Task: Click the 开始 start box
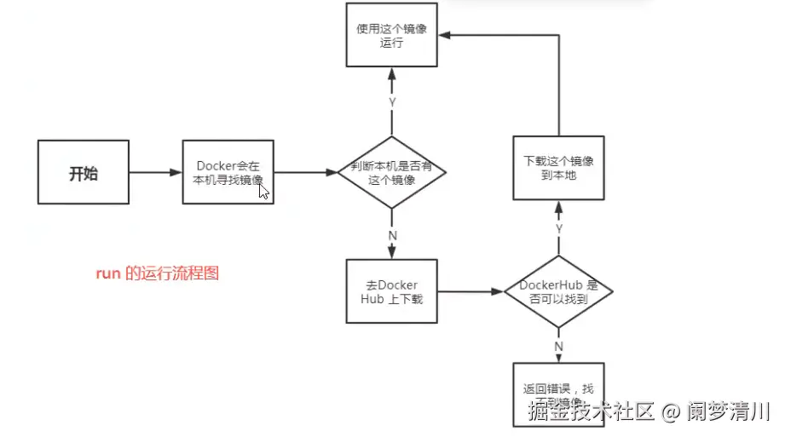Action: (x=83, y=172)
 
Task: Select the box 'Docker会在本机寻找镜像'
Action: (x=228, y=172)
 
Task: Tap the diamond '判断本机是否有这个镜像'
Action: (x=391, y=172)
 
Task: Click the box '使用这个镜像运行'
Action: (x=391, y=35)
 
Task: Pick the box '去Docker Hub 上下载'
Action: (x=392, y=291)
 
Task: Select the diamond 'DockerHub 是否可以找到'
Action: (x=558, y=291)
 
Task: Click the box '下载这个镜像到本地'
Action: (x=558, y=168)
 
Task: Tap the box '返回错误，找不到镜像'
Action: (x=558, y=394)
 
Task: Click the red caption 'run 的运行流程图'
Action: (x=157, y=273)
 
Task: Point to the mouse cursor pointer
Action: (x=264, y=192)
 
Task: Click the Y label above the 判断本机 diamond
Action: (x=392, y=101)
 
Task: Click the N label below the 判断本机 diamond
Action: (x=392, y=234)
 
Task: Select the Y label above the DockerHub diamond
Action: (x=559, y=228)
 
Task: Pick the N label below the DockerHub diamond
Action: (x=559, y=346)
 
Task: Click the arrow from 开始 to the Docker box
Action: (x=155, y=172)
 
